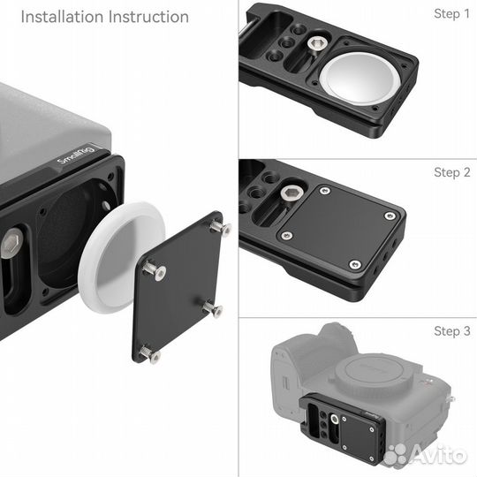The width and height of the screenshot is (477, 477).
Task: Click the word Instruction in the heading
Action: click(x=146, y=17)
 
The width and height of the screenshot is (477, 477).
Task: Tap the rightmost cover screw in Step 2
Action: click(x=390, y=215)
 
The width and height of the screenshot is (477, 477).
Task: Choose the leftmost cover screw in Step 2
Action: click(x=285, y=235)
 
